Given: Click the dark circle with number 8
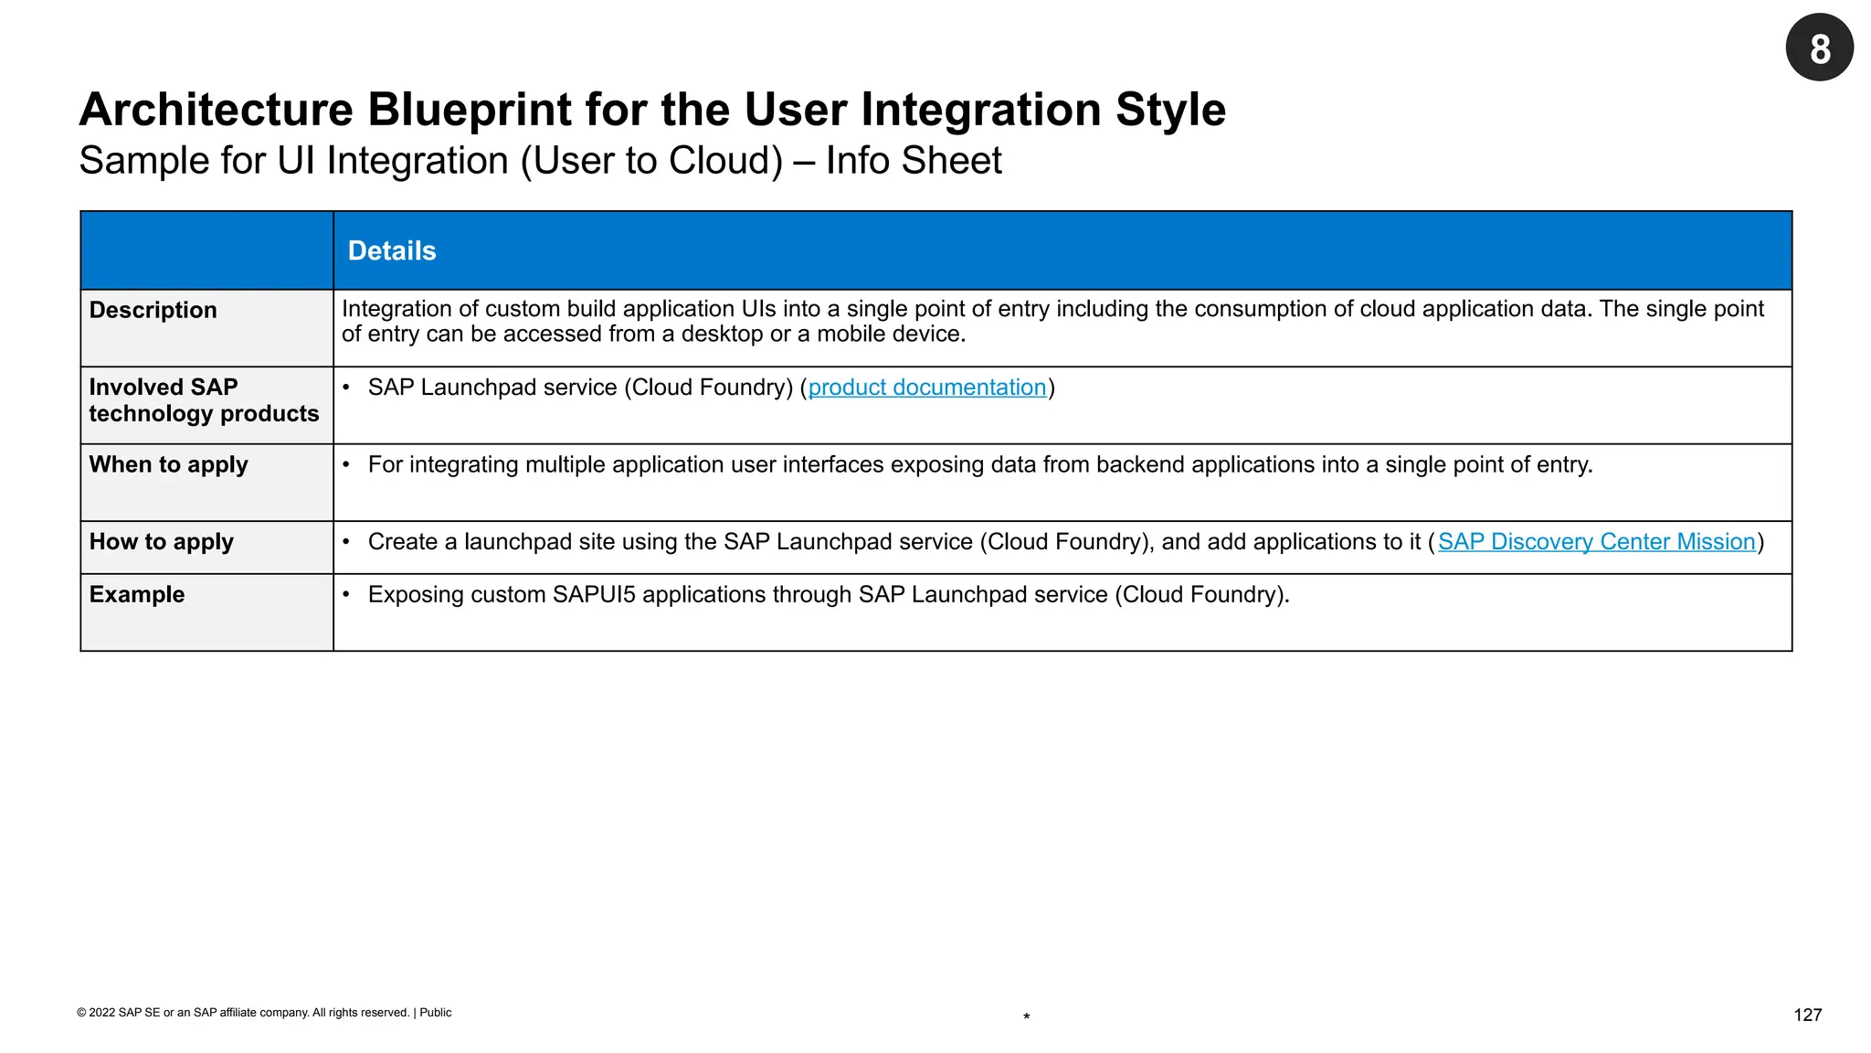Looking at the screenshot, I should click(1819, 48).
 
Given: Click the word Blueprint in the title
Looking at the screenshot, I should click(469, 110).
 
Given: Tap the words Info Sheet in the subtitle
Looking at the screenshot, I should click(913, 161).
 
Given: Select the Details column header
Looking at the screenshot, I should click(392, 250).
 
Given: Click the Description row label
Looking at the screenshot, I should click(153, 311).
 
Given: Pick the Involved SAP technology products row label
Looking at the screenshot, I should click(203, 400).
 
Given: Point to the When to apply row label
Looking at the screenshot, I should click(168, 465).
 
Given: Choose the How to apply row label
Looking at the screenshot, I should click(161, 542).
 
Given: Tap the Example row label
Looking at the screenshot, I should click(136, 595).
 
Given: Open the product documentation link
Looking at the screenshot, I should click(926, 388).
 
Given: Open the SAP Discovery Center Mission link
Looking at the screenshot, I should click(1596, 542).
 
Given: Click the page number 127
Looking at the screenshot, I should click(1807, 1015).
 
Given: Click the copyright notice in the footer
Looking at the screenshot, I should click(243, 1013).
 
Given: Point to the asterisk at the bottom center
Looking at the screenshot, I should click(1027, 1017).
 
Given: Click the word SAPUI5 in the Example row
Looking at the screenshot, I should click(594, 595).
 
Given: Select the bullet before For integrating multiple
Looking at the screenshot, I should click(346, 465).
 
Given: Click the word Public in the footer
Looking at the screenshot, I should click(436, 1013).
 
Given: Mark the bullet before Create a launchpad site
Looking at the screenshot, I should click(346, 542).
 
